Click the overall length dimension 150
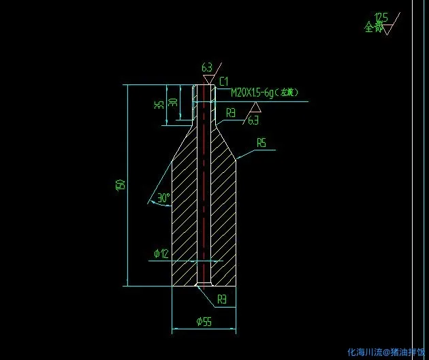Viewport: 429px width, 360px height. (120, 184)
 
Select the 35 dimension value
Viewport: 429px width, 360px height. (158, 105)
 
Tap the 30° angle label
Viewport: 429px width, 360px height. (163, 198)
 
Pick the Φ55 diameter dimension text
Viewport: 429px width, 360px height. (204, 321)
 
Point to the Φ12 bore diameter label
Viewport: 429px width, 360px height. (161, 254)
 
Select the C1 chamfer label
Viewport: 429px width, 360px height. (223, 81)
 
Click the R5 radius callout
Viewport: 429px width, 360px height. (261, 142)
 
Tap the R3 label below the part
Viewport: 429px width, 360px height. (222, 299)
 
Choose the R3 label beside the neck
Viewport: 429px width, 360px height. (232, 113)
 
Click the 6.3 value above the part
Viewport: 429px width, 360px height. (207, 67)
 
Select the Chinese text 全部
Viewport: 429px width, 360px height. (373, 28)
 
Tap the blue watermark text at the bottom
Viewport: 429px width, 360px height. (385, 352)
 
